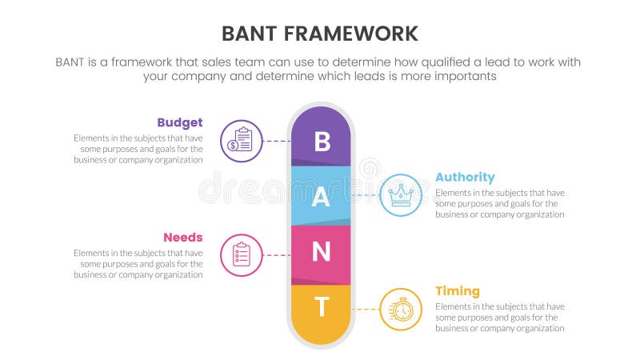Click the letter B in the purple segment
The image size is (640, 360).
point(321,141)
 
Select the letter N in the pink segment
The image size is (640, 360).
point(321,253)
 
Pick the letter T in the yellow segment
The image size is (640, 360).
point(321,306)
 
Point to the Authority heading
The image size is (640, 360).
point(465,177)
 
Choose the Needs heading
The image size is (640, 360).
point(182,237)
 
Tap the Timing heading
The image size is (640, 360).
point(457,290)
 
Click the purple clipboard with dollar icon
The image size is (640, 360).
point(241,141)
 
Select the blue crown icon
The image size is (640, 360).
point(400,194)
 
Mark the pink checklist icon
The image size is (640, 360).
point(241,254)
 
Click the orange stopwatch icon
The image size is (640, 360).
point(400,309)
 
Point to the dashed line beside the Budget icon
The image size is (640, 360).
point(276,141)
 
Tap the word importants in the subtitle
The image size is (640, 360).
point(466,76)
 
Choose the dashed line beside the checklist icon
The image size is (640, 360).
point(276,254)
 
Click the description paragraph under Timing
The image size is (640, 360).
point(500,317)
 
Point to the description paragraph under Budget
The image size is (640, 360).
point(138,149)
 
